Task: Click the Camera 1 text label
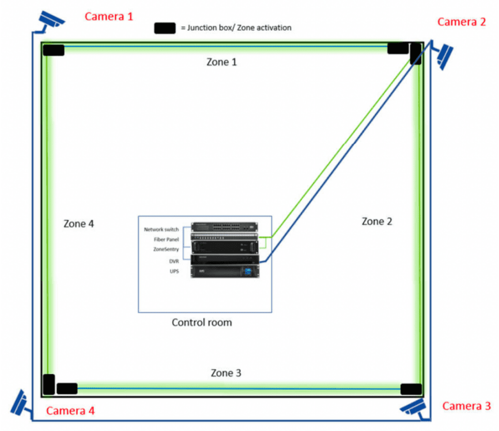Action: [x=109, y=17]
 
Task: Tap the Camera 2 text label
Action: [x=461, y=22]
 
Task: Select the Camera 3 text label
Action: [x=466, y=406]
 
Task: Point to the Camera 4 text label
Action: [x=71, y=411]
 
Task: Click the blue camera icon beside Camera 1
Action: [x=51, y=19]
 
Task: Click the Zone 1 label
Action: [x=222, y=62]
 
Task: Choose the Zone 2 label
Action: [x=377, y=222]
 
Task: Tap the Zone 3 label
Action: [x=226, y=373]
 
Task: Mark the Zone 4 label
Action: [x=78, y=224]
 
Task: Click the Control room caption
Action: [x=202, y=322]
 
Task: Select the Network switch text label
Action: [x=161, y=229]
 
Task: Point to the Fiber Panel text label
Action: [x=166, y=240]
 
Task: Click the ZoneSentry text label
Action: [x=166, y=249]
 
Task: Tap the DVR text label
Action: [x=173, y=261]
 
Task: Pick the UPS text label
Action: [x=174, y=271]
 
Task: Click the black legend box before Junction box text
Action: [x=165, y=28]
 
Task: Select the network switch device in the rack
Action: [x=224, y=227]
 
